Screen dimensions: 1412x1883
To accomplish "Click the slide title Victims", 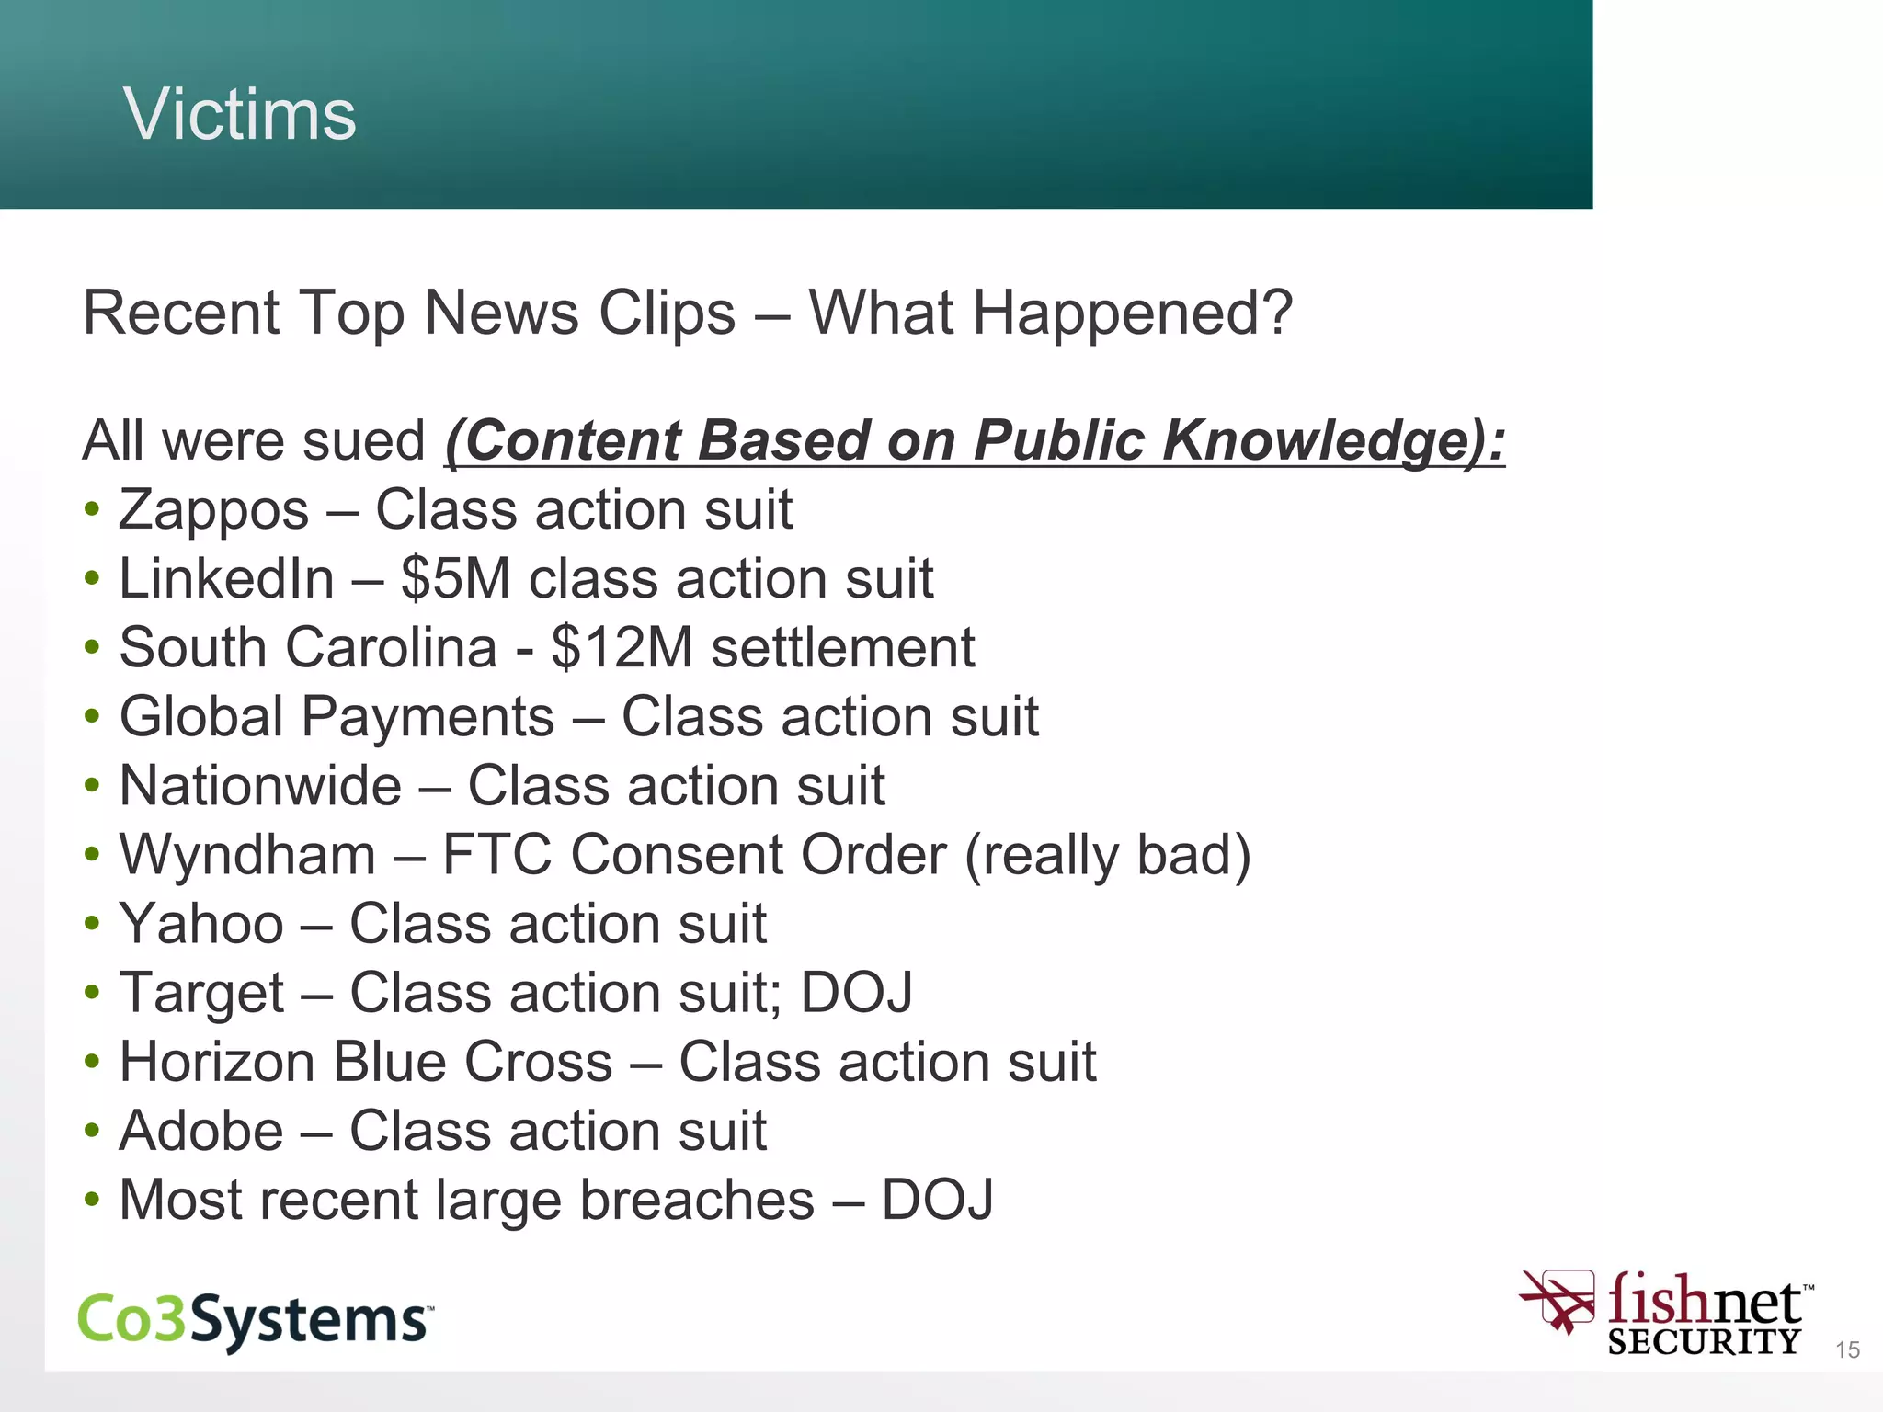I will (x=239, y=114).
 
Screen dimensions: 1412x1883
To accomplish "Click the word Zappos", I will (x=213, y=510).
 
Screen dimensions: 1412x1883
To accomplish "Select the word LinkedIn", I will (x=226, y=579).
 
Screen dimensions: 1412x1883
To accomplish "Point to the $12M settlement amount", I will (x=622, y=648).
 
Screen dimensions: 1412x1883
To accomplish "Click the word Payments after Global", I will (x=428, y=717).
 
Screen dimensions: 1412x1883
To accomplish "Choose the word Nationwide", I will (x=260, y=786).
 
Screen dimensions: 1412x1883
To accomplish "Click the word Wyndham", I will (x=247, y=855).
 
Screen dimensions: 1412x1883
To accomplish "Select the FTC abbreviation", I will (x=497, y=855).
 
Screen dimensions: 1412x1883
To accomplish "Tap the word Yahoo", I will (x=201, y=924).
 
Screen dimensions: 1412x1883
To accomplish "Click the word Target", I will (x=202, y=994).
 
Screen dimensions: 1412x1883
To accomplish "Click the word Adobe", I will (x=201, y=1131).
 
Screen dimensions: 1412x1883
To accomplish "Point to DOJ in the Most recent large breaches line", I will (x=937, y=1200).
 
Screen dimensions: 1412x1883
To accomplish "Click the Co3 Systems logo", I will (x=255, y=1320).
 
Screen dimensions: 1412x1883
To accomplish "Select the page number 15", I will (x=1847, y=1349).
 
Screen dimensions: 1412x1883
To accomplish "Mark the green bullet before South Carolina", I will (x=91, y=647).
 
